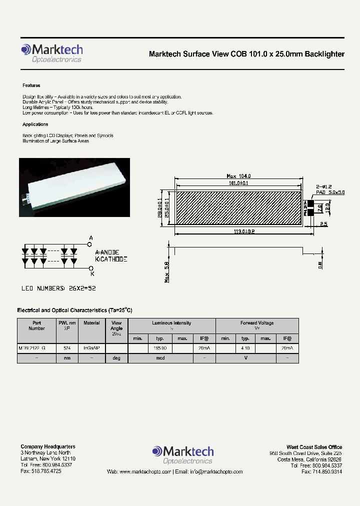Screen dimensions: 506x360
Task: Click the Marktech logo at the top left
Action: click(x=51, y=53)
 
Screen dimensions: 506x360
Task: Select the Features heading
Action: click(x=31, y=85)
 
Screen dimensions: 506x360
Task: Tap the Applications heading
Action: click(x=35, y=124)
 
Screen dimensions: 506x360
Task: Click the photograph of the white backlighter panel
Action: click(x=74, y=187)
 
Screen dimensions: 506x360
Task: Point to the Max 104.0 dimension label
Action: click(x=238, y=176)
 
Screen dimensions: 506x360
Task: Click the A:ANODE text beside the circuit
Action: click(x=110, y=253)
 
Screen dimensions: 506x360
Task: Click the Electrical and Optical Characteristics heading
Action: click(x=74, y=310)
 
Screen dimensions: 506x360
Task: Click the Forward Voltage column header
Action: click(x=257, y=323)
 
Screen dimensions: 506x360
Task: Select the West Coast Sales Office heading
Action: click(x=314, y=447)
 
